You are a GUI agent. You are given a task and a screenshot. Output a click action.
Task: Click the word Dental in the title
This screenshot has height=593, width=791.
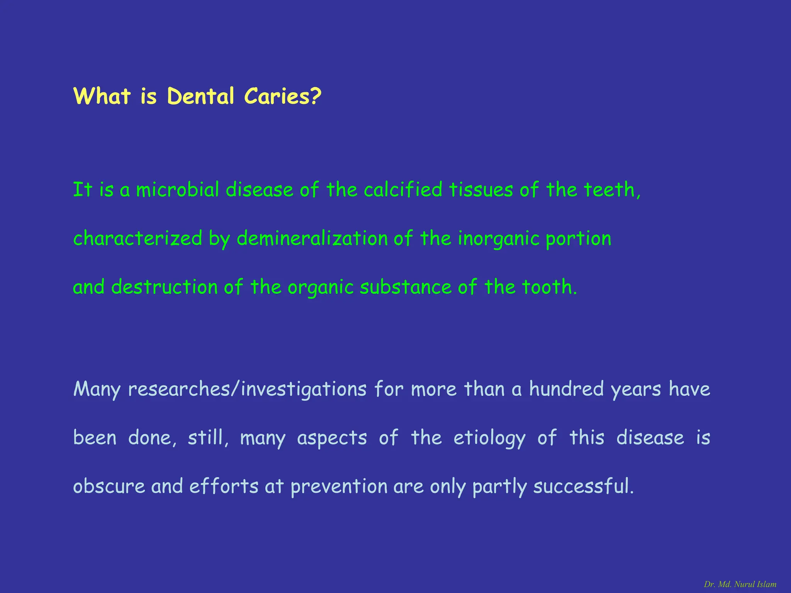pos(200,96)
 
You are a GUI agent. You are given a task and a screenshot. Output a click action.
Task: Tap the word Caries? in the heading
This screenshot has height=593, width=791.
pos(282,96)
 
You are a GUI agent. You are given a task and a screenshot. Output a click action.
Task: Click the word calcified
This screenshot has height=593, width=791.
pos(403,190)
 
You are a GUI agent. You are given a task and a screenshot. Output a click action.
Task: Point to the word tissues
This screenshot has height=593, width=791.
pos(481,190)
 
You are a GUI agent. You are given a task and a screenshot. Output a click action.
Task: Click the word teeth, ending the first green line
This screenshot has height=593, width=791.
pos(612,190)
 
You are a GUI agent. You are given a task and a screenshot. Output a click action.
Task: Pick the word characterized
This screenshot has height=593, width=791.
pos(138,239)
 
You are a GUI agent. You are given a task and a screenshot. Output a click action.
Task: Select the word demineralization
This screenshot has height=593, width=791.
pos(312,239)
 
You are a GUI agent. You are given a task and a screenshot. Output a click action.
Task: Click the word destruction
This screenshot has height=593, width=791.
pos(165,287)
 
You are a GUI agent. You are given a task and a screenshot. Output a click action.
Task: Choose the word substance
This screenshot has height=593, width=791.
pos(406,287)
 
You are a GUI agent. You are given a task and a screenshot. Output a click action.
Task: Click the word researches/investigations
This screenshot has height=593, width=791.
pos(247,389)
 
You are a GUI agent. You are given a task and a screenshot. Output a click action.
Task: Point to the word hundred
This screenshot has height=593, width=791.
pos(566,389)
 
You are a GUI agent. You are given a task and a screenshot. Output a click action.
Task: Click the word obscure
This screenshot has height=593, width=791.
pos(109,486)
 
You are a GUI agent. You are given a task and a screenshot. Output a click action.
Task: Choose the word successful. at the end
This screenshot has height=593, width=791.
pos(583,486)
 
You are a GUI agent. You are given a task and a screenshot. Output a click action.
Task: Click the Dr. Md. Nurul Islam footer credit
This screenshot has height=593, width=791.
pos(740,584)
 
